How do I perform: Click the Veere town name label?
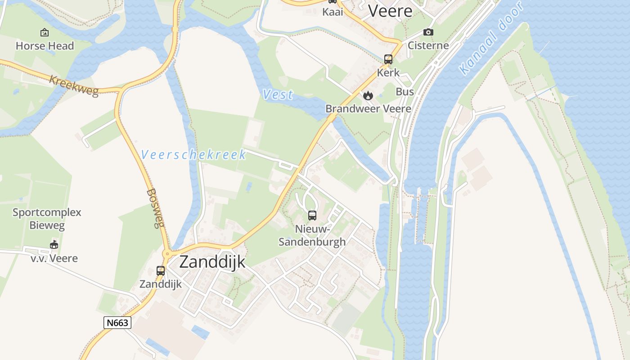click(390, 11)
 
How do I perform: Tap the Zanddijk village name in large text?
click(212, 261)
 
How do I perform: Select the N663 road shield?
click(117, 323)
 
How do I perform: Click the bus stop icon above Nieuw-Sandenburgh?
click(312, 216)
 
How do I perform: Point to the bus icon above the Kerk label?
click(388, 59)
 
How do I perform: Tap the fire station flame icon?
click(368, 95)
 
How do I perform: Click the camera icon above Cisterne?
click(428, 32)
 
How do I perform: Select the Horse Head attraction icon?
click(45, 32)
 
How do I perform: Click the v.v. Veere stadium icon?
click(54, 245)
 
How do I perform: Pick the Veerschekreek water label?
click(193, 155)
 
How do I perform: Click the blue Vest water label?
click(278, 94)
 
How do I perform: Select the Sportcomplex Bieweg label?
click(47, 219)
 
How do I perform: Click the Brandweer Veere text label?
click(368, 109)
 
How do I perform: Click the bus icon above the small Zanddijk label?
click(161, 271)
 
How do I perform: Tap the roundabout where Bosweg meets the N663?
click(166, 254)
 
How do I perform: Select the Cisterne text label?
click(428, 45)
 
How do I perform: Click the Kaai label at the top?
click(333, 12)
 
